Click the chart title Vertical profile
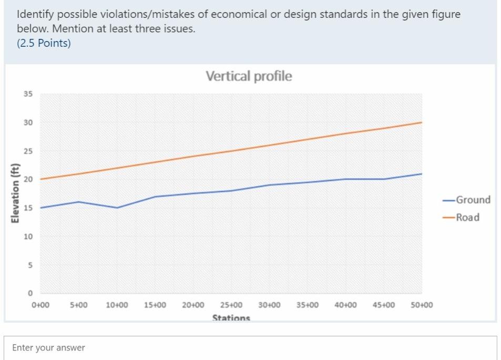[x=249, y=76]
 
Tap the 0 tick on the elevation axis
[x=30, y=293]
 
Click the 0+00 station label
[x=40, y=305]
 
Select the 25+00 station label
[x=231, y=305]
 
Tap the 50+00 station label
[x=422, y=305]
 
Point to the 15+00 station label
[x=155, y=305]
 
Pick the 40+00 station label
[x=345, y=305]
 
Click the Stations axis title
[x=231, y=317]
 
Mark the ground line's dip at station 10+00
[x=117, y=208]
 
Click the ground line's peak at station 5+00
[x=78, y=202]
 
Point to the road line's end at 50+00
[x=422, y=122]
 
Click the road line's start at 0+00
[x=40, y=179]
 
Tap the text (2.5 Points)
[x=44, y=43]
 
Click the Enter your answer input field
[x=250, y=347]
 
